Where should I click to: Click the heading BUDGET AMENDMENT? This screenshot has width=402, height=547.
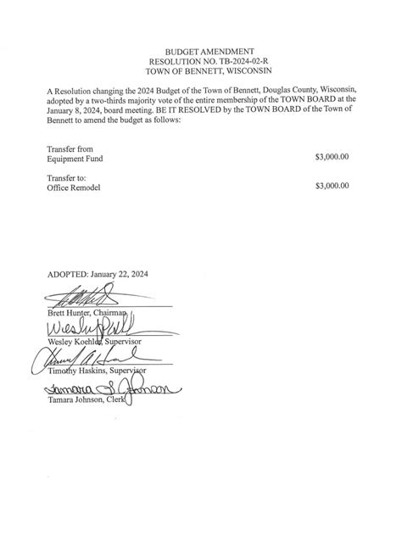tap(200, 52)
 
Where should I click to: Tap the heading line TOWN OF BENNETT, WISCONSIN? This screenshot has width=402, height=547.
tap(200, 72)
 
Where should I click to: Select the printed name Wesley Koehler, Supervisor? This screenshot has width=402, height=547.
tap(93, 341)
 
